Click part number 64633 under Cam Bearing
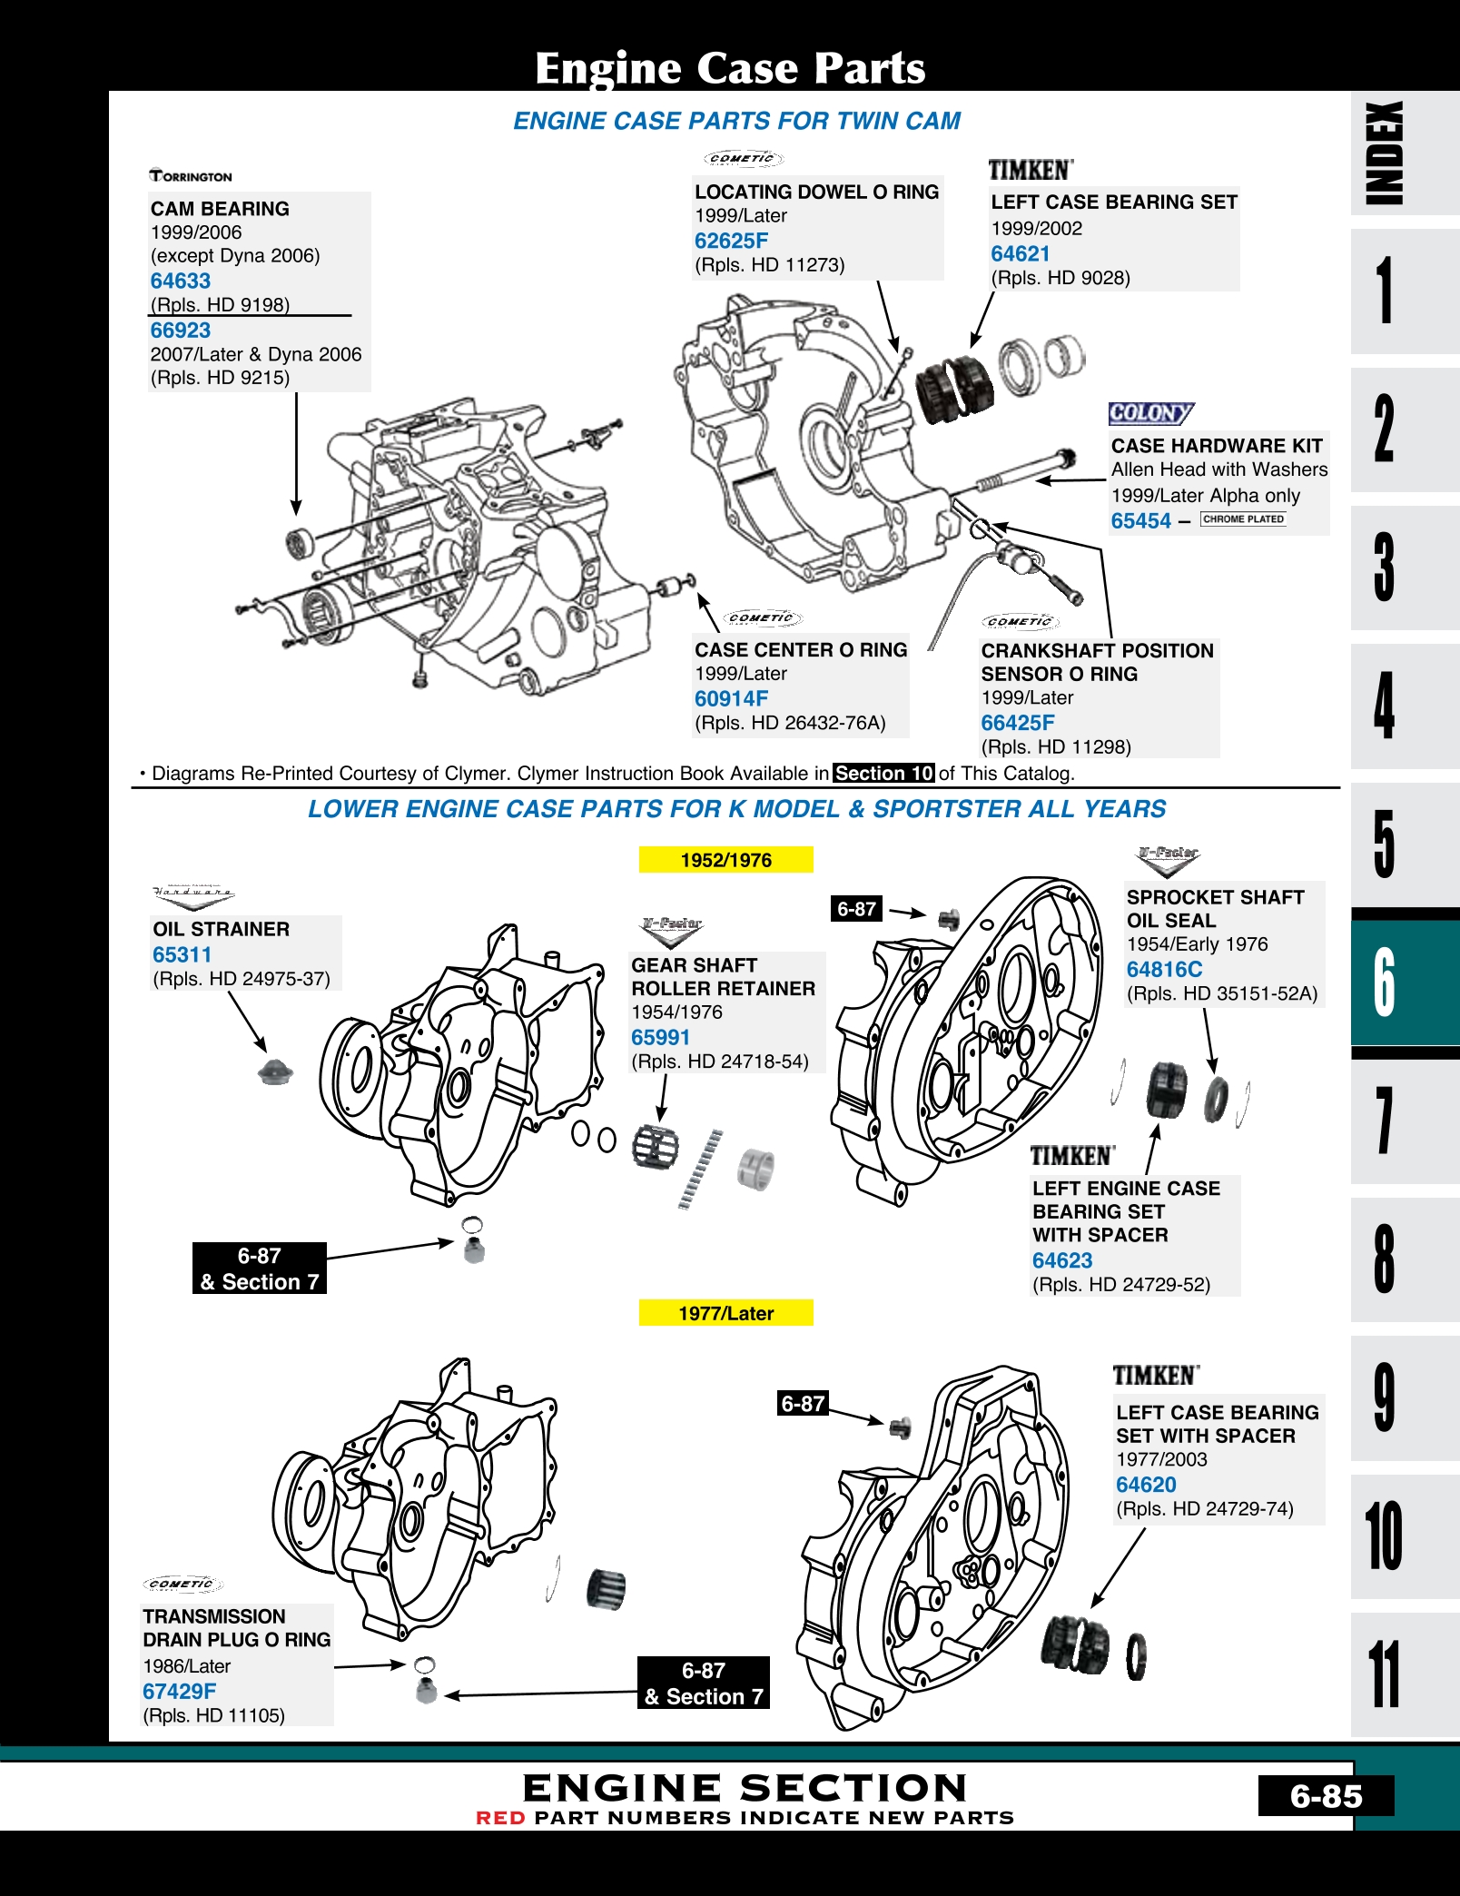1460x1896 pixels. tap(181, 281)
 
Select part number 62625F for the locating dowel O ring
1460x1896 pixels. tap(731, 241)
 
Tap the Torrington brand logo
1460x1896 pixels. tap(191, 176)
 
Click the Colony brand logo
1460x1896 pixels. tap(1150, 414)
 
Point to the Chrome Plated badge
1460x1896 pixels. tap(1243, 519)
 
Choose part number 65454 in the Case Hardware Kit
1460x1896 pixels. tap(1141, 521)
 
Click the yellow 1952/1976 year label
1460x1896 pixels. tap(725, 860)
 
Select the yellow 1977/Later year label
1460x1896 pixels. tap(725, 1313)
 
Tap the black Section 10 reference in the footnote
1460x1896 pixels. tap(883, 774)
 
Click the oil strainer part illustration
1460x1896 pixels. tap(275, 1071)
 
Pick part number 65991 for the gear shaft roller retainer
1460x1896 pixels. tap(661, 1038)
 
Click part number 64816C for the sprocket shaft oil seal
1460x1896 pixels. tap(1164, 970)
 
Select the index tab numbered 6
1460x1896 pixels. tap(1384, 982)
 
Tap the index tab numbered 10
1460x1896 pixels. tap(1384, 1536)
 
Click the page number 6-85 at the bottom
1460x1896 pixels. tap(1326, 1796)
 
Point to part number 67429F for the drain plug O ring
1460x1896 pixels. tap(180, 1692)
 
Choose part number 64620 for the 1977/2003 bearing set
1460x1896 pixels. tap(1146, 1485)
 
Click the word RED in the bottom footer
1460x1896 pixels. tap(500, 1818)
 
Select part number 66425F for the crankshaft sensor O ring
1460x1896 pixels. tap(1018, 724)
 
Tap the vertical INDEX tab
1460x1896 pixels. tap(1384, 153)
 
